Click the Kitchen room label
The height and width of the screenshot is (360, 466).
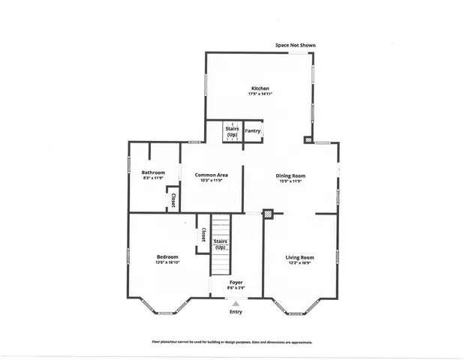260,88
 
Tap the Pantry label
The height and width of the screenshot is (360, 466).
253,130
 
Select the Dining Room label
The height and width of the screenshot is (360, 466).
290,175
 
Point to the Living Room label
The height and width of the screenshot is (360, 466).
300,257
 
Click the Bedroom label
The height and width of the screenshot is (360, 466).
167,257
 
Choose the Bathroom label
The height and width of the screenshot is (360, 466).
153,172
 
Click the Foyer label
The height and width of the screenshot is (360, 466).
236,282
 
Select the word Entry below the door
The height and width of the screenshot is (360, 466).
236,311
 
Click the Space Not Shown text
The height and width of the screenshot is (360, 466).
296,46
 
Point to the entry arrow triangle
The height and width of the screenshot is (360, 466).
236,303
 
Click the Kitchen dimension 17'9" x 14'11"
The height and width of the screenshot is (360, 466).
260,94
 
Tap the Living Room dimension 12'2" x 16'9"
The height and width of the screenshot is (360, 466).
300,263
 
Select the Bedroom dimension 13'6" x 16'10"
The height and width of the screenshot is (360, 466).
167,263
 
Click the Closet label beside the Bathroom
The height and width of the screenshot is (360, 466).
173,200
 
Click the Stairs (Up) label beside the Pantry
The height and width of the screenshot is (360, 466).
232,131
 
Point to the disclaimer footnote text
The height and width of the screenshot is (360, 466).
233,341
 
